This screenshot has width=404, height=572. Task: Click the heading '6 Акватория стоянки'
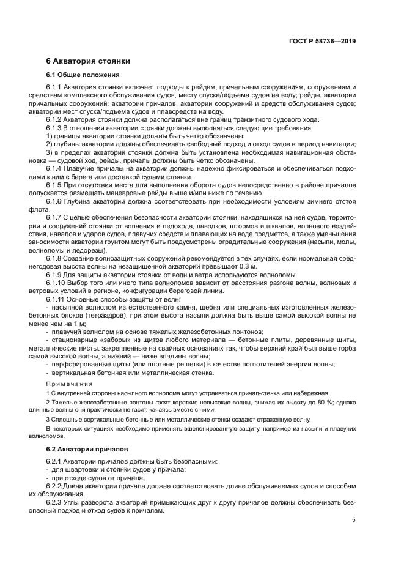87,61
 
